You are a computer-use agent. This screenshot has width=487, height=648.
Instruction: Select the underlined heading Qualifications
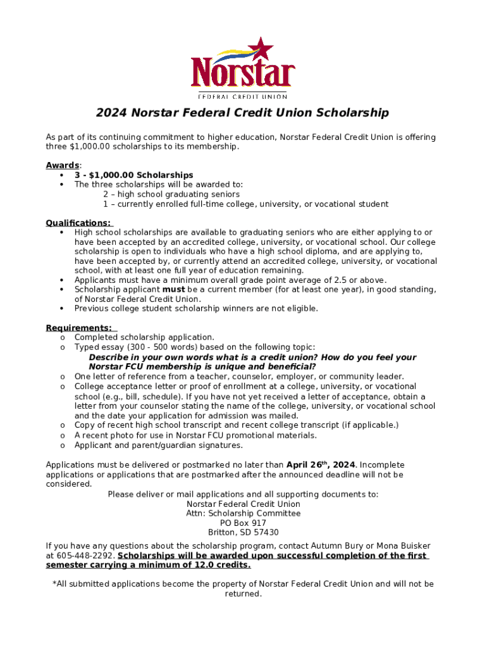click(78, 223)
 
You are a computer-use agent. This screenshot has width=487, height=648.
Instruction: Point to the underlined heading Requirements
click(79, 328)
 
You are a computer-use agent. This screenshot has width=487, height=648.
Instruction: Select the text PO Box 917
click(243, 523)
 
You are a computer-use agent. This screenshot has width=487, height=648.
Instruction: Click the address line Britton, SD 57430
click(243, 533)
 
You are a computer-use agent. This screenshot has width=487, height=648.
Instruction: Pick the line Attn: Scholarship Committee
click(243, 514)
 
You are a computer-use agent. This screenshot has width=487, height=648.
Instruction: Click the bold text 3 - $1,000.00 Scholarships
click(133, 175)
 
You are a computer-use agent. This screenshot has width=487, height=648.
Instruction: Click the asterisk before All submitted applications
click(54, 584)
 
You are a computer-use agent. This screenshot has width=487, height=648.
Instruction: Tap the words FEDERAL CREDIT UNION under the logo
click(243, 96)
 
